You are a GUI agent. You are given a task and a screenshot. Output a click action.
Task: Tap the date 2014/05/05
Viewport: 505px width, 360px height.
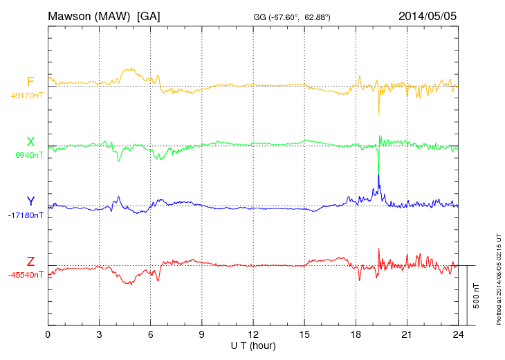coord(428,16)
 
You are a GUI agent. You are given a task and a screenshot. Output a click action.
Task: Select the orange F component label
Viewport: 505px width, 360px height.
coord(30,82)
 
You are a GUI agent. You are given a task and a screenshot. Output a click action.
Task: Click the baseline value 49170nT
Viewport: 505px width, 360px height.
coord(28,96)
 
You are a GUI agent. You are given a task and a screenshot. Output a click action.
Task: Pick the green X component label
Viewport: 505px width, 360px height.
coord(30,143)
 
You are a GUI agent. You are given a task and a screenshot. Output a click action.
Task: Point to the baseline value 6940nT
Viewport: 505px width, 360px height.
coord(29,155)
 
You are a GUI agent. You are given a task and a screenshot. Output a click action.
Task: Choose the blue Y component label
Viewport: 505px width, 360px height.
coord(30,201)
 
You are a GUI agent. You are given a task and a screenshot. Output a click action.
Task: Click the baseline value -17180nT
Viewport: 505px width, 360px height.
coord(27,215)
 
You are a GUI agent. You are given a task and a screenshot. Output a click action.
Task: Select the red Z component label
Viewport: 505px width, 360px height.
coord(30,262)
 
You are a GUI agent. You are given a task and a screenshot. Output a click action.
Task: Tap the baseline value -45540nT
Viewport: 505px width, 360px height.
coord(27,275)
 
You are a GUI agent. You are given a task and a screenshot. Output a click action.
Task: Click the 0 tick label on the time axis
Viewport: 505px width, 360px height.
coord(48,334)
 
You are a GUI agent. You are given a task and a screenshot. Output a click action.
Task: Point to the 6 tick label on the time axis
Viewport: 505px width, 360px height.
coord(151,334)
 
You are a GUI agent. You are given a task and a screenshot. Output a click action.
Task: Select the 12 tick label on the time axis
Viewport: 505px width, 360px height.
coord(253,334)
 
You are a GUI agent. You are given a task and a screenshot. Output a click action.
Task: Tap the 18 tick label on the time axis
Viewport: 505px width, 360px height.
coord(356,334)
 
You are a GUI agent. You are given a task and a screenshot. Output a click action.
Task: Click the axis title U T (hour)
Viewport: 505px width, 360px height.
coord(253,345)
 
